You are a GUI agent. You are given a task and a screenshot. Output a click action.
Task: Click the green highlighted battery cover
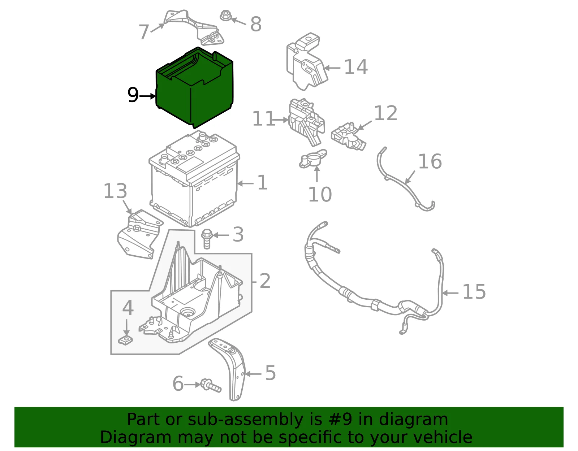click(x=194, y=88)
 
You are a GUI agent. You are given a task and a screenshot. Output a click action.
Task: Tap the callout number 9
click(x=133, y=95)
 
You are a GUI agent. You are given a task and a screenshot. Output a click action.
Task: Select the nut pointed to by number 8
click(x=225, y=16)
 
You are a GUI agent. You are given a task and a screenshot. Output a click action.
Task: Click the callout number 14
click(x=356, y=67)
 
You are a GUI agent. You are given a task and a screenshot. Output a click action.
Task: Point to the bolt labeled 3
click(x=207, y=239)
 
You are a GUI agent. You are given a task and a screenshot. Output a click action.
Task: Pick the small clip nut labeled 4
click(x=125, y=340)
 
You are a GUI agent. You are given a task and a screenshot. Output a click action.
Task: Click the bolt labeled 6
click(x=211, y=386)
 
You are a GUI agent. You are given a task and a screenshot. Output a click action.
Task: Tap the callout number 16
click(x=430, y=161)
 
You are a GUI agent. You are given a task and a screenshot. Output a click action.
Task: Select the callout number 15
click(x=474, y=291)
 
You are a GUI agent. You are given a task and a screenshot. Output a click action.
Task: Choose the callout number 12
click(x=385, y=113)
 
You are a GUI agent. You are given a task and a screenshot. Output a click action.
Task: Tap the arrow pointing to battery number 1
click(x=245, y=183)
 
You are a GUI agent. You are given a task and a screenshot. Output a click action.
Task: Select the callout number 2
click(x=265, y=281)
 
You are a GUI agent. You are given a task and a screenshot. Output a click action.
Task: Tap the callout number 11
click(x=263, y=118)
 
